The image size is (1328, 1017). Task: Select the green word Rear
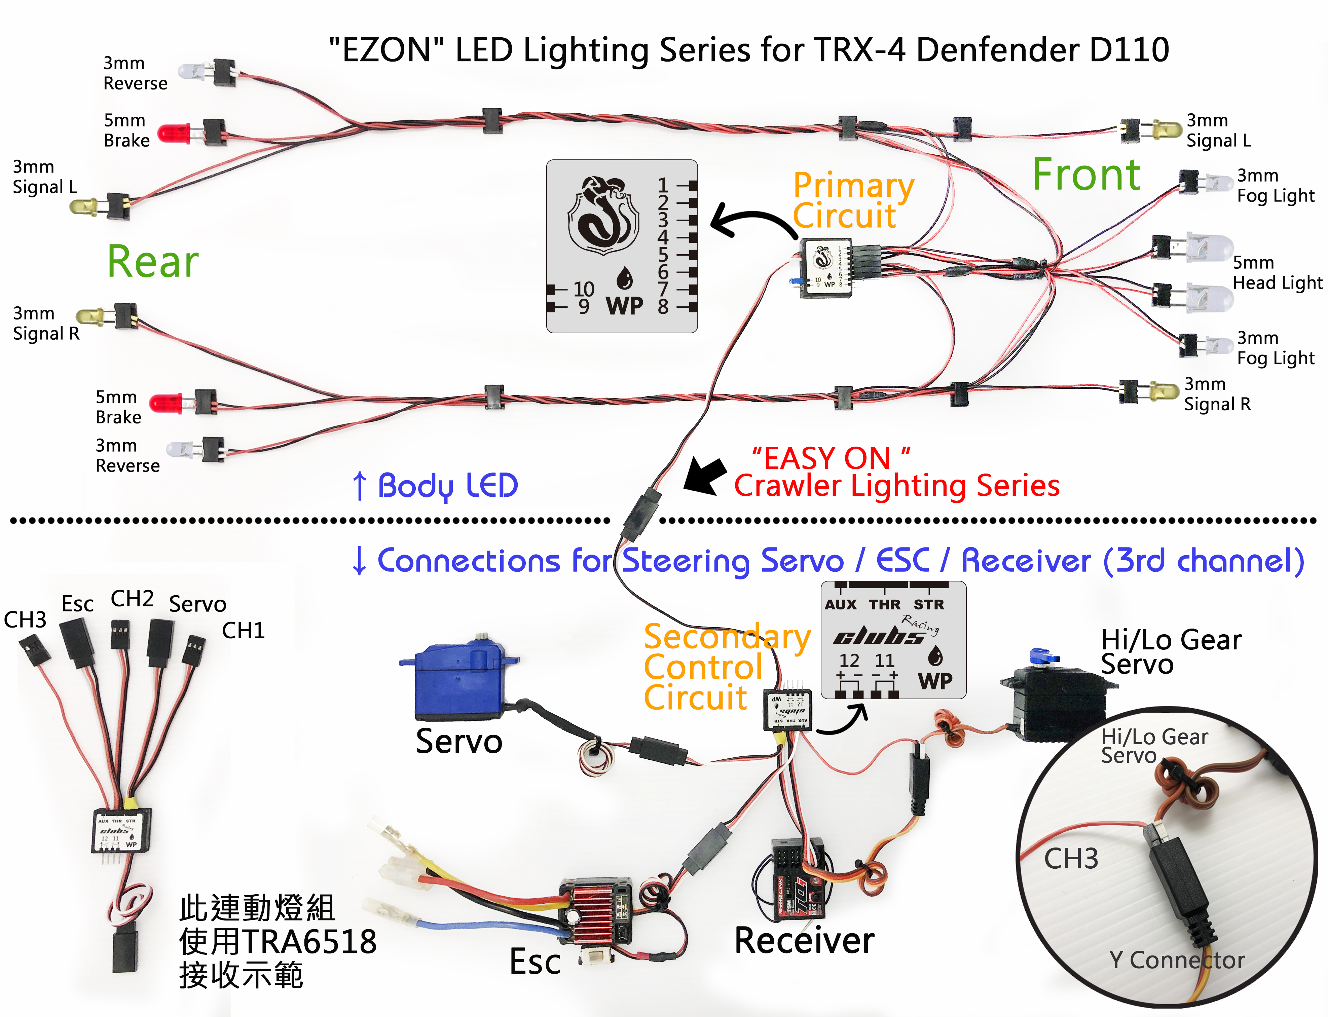click(153, 262)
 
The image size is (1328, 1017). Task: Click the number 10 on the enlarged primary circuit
click(584, 289)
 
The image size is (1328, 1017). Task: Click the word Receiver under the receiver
click(804, 940)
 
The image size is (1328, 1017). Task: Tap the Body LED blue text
click(447, 486)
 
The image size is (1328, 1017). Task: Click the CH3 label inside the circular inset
click(1071, 858)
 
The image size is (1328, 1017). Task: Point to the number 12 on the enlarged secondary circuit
click(849, 661)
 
